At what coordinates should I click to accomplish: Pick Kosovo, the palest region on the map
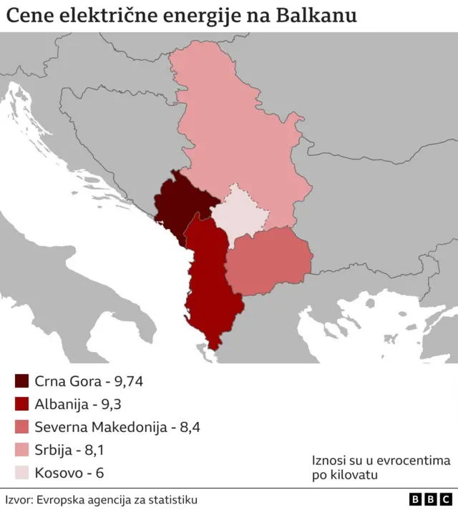242,212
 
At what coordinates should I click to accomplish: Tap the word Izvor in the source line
17,499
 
